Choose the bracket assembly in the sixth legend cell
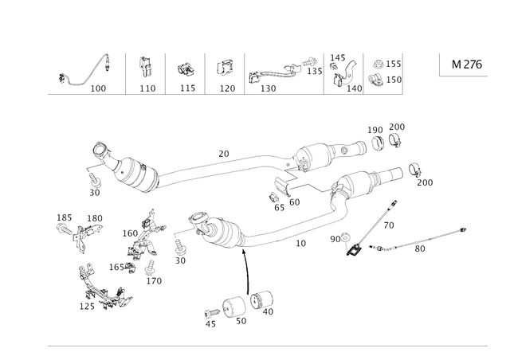click(x=345, y=70)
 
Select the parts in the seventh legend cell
click(x=383, y=70)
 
